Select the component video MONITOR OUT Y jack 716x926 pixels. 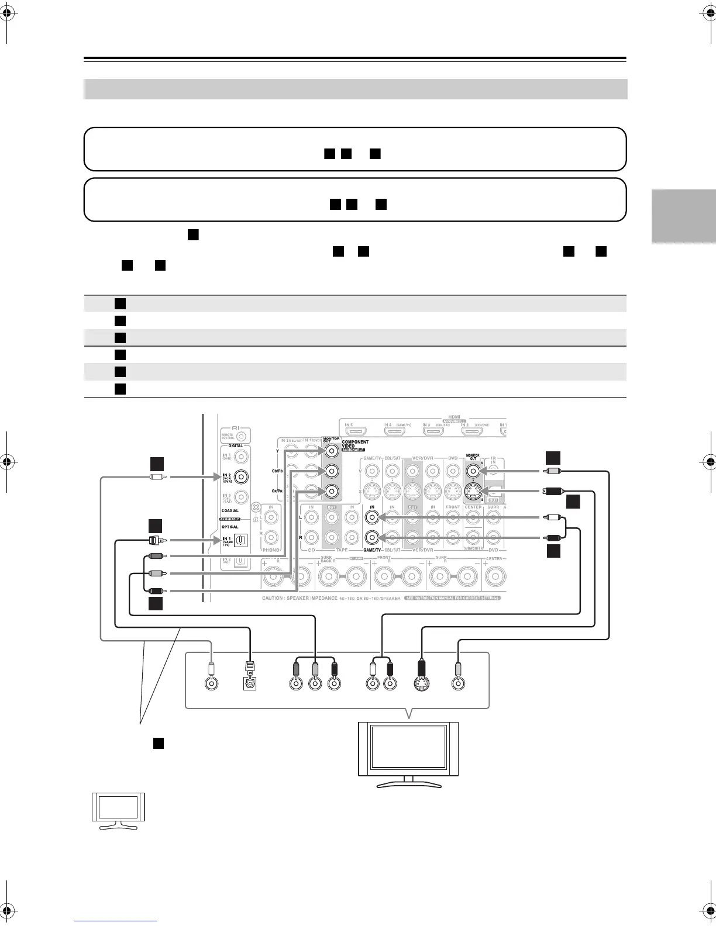click(332, 450)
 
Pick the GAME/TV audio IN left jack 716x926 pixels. click(371, 517)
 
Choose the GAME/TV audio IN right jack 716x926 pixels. click(371, 537)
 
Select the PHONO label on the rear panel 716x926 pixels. click(271, 550)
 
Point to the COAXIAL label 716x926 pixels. click(230, 510)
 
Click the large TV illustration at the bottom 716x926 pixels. click(408, 754)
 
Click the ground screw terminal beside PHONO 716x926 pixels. click(256, 509)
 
